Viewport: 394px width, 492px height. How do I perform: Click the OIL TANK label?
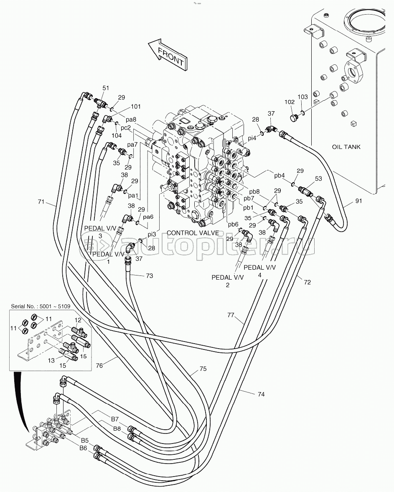(x=346, y=147)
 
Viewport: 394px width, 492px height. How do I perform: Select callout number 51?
(x=106, y=88)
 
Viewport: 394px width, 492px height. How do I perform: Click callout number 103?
(x=302, y=97)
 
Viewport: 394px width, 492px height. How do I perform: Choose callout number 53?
(x=318, y=179)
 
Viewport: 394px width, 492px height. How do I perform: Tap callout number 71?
(x=41, y=202)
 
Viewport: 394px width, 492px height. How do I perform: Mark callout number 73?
(x=149, y=276)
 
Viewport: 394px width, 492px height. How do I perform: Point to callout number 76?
(x=99, y=365)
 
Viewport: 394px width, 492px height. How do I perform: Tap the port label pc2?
(x=126, y=127)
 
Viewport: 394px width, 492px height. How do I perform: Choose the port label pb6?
(x=233, y=224)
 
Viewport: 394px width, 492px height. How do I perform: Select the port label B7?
(x=115, y=419)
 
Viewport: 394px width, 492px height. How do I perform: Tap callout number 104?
(x=117, y=135)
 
